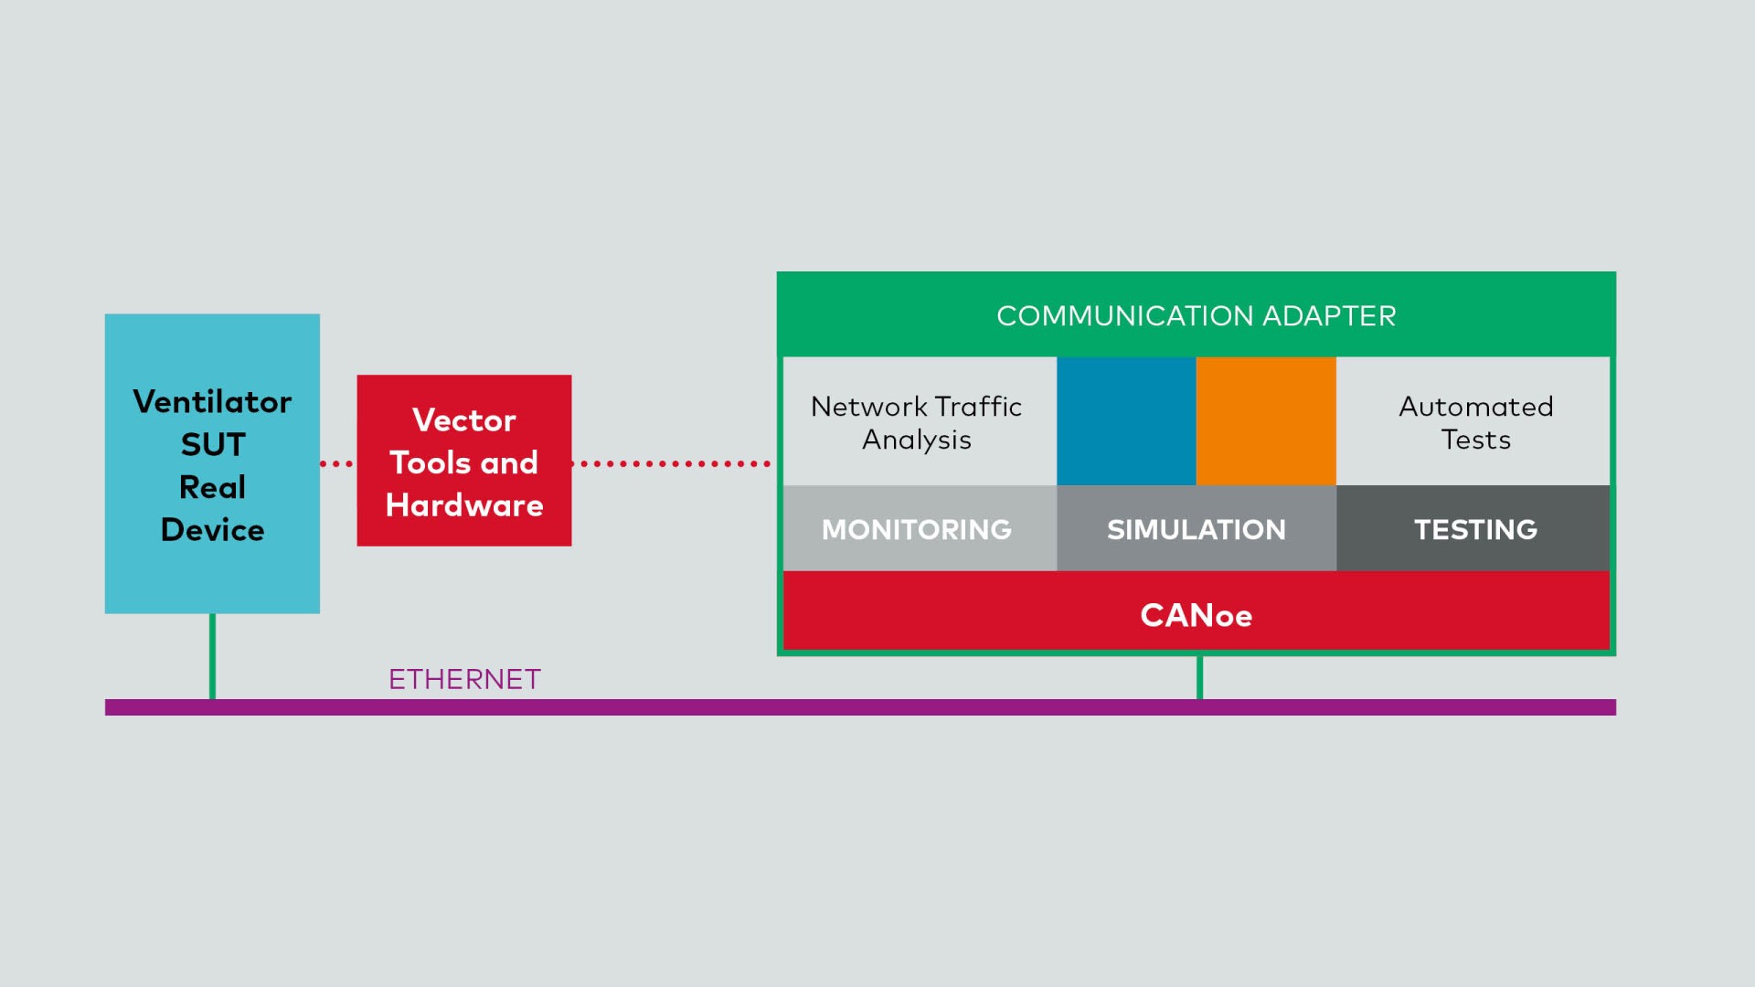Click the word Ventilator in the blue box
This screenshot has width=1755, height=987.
pyautogui.click(x=212, y=401)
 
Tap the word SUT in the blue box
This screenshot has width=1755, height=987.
pyautogui.click(x=213, y=444)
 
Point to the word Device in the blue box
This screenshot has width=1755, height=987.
pyautogui.click(x=212, y=530)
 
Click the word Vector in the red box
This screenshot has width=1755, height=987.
pyautogui.click(x=464, y=420)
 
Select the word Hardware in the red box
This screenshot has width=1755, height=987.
pyautogui.click(x=464, y=505)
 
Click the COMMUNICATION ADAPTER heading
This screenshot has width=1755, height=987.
pyautogui.click(x=1197, y=316)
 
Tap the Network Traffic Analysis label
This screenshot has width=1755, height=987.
pyautogui.click(x=917, y=422)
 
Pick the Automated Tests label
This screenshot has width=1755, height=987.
pyautogui.click(x=1476, y=422)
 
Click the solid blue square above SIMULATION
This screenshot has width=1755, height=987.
pyautogui.click(x=1126, y=421)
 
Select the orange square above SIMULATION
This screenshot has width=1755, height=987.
pyautogui.click(x=1266, y=421)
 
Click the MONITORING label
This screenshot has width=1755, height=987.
pyautogui.click(x=917, y=530)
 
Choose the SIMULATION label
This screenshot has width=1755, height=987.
pyautogui.click(x=1197, y=530)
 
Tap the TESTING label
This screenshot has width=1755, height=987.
pyautogui.click(x=1476, y=530)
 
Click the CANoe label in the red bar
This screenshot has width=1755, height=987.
pyautogui.click(x=1197, y=615)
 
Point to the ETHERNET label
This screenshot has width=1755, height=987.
pyautogui.click(x=464, y=679)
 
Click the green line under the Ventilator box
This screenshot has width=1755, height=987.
pyautogui.click(x=212, y=656)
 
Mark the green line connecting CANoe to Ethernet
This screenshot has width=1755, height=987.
pyautogui.click(x=1199, y=677)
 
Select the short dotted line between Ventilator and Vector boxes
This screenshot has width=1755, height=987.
pyautogui.click(x=336, y=464)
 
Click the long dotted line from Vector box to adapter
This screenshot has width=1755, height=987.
pyautogui.click(x=671, y=464)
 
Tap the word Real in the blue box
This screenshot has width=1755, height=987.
pyautogui.click(x=212, y=487)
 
